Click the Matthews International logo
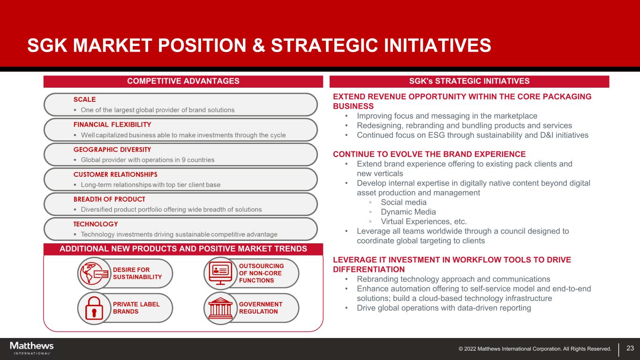[x=32, y=348]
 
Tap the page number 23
[x=630, y=348]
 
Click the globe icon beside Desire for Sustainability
[x=94, y=273]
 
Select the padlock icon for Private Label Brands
[x=94, y=308]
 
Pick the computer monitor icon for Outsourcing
[x=220, y=273]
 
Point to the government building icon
[x=220, y=308]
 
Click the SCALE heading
[x=84, y=99]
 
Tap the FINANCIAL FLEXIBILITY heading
[x=112, y=125]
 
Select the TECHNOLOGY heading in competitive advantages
[x=96, y=224]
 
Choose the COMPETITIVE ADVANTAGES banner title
[x=183, y=81]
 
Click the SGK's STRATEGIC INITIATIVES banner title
[x=469, y=81]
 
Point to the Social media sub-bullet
[x=403, y=202]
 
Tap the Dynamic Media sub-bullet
[x=408, y=212]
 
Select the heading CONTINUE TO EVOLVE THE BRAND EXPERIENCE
[x=429, y=154]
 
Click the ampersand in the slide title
[x=258, y=45]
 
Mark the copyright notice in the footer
[x=535, y=349]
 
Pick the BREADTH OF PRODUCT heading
[x=109, y=199]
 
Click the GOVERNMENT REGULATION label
[x=261, y=308]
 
